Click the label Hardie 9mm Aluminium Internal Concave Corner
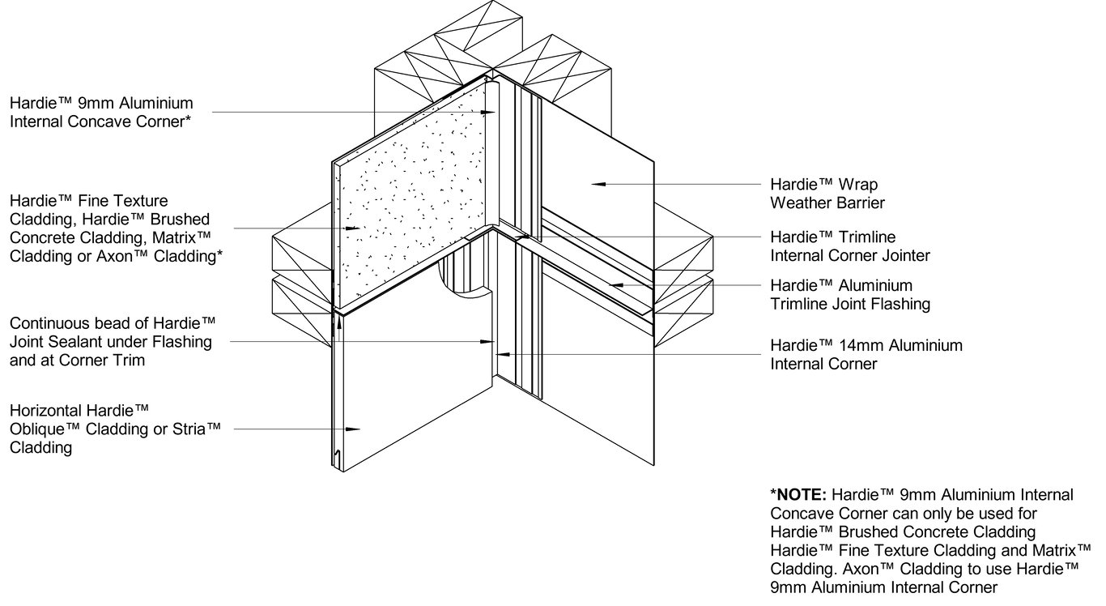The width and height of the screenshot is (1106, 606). (x=101, y=113)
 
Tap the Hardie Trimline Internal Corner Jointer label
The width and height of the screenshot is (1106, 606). (x=850, y=246)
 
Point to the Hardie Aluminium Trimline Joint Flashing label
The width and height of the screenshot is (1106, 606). (x=849, y=295)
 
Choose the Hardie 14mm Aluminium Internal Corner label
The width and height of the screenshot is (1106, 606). (x=866, y=354)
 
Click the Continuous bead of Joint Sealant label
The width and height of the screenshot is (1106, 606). (x=111, y=341)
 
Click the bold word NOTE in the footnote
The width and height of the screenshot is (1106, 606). (x=801, y=494)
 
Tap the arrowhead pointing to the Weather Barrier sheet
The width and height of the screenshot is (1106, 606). (x=597, y=185)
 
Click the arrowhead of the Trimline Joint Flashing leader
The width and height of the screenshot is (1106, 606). (x=614, y=285)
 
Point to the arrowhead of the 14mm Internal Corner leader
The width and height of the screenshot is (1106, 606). (x=502, y=354)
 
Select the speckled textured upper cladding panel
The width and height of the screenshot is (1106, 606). (x=413, y=203)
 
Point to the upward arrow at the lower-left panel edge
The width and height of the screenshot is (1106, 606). (x=338, y=322)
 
